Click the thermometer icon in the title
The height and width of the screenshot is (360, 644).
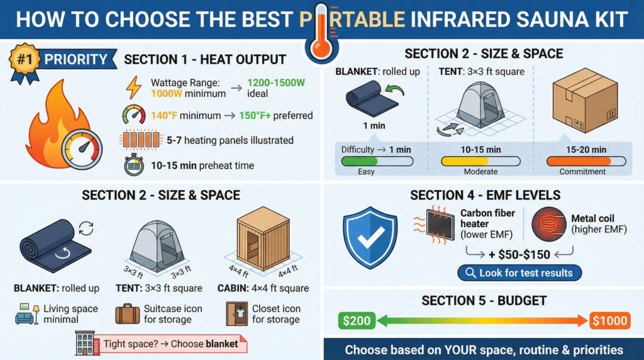tap(321, 31)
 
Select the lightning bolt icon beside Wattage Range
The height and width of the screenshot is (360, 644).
tap(134, 87)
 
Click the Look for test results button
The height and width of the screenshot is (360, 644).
tap(519, 273)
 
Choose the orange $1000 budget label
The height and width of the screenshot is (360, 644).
tap(609, 320)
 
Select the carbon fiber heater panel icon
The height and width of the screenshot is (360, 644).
tap(440, 223)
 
